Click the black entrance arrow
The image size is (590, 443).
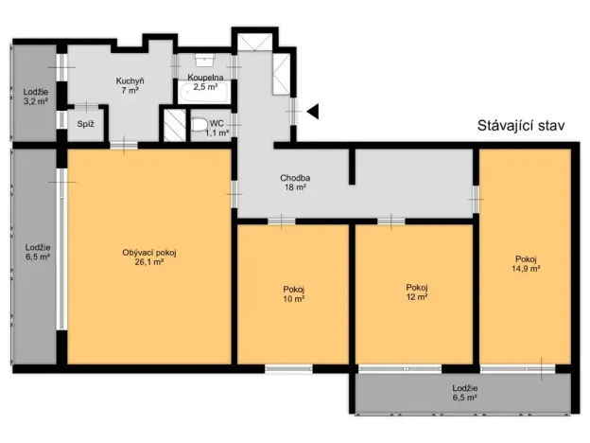point(313,111)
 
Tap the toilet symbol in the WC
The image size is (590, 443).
point(200,125)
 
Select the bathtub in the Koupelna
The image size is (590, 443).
point(203,93)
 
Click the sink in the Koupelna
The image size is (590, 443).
point(204,60)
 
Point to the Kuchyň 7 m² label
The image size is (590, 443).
point(130,85)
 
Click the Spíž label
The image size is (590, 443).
point(85,124)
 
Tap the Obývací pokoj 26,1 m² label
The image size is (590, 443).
point(149,257)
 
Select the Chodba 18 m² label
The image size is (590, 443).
point(295,183)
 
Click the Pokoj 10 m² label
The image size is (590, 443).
point(294,294)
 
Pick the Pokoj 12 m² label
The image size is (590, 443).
point(417,292)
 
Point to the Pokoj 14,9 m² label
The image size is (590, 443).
point(526,264)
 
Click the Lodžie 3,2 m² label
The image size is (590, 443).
point(36,97)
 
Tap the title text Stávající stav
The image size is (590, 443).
point(521,126)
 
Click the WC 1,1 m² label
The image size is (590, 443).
point(217,128)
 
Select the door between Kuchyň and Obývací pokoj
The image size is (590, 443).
point(124,146)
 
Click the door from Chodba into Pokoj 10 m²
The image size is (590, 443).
point(282,221)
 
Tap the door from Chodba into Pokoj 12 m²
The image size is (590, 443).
point(391,221)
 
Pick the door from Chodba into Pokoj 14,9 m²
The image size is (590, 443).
point(476,199)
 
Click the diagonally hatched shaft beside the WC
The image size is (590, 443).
point(175,125)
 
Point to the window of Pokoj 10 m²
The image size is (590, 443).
point(288,369)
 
